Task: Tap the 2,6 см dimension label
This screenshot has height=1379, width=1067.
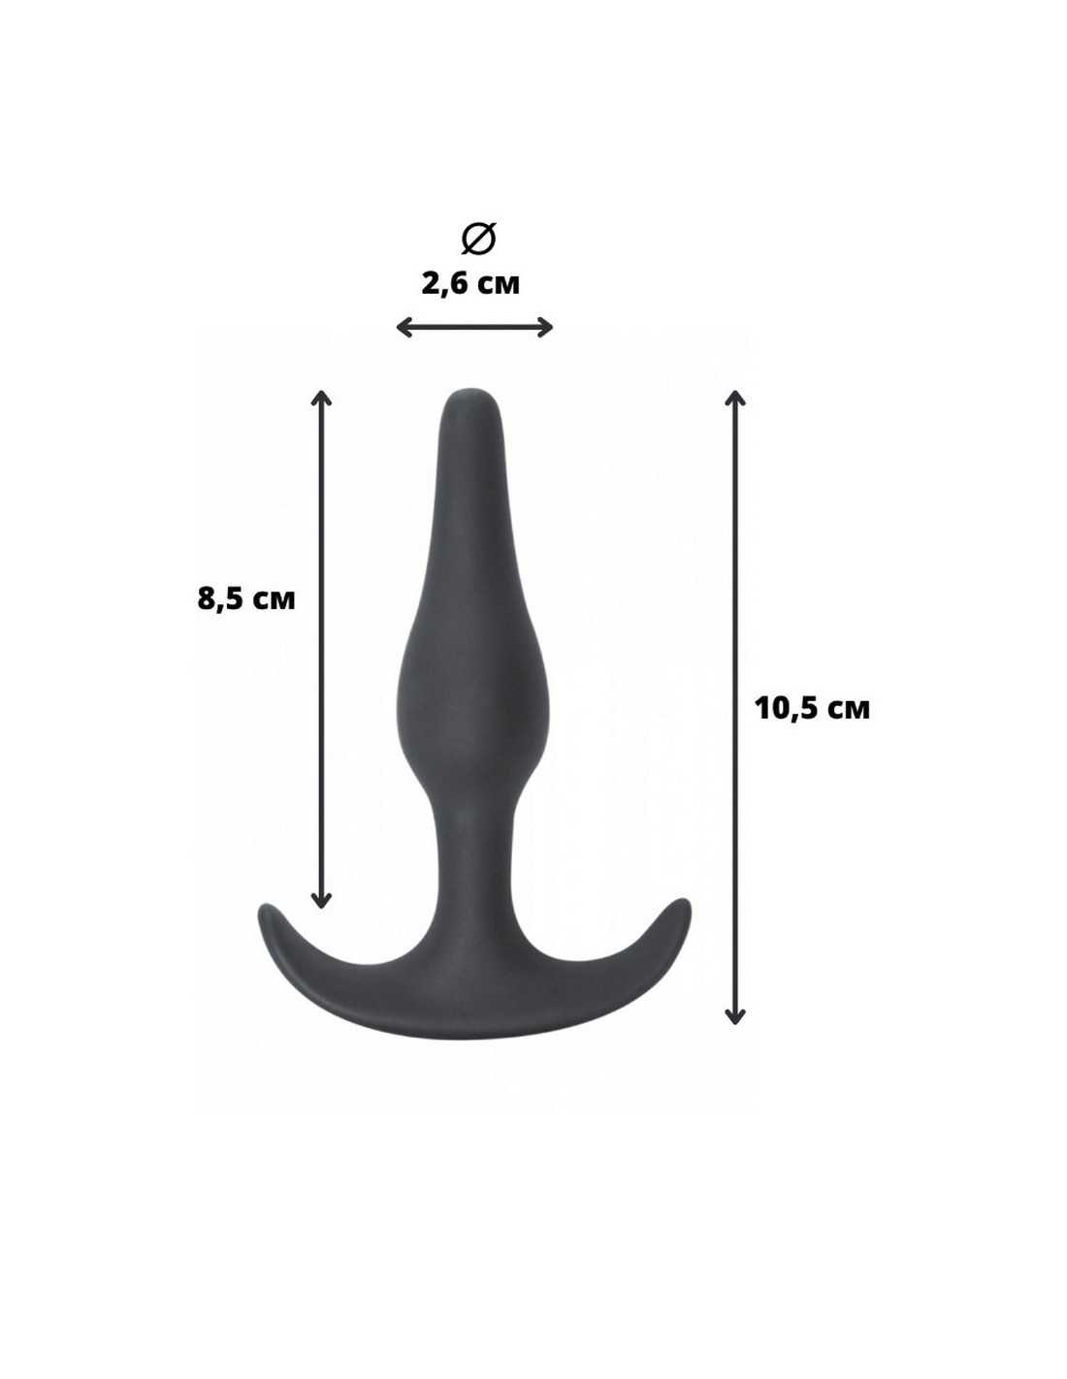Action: point(470,284)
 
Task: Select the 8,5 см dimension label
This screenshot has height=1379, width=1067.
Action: point(246,598)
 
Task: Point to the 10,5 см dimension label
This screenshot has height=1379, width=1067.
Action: point(812,708)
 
